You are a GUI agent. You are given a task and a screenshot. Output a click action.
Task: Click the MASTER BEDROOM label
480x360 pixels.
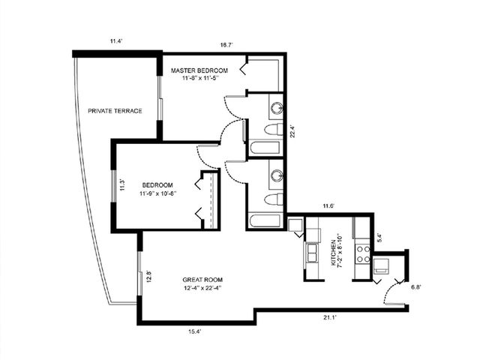(x=199, y=70)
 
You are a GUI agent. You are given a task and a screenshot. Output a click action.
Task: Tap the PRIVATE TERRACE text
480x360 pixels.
(x=115, y=111)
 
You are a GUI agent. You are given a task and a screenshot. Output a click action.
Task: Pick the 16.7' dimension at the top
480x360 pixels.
(x=226, y=46)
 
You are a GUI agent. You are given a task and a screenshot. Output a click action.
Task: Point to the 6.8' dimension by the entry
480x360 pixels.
(x=416, y=286)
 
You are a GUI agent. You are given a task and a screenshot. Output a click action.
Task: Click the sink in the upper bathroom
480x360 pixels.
(x=275, y=107)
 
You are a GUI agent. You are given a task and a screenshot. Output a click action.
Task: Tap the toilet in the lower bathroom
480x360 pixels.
(x=274, y=199)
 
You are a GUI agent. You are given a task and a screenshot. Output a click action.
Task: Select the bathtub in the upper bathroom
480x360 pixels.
(x=264, y=147)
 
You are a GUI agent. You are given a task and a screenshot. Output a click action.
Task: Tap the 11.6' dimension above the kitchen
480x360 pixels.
(x=328, y=205)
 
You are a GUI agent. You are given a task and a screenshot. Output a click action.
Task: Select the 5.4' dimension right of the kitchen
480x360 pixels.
(x=379, y=238)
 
